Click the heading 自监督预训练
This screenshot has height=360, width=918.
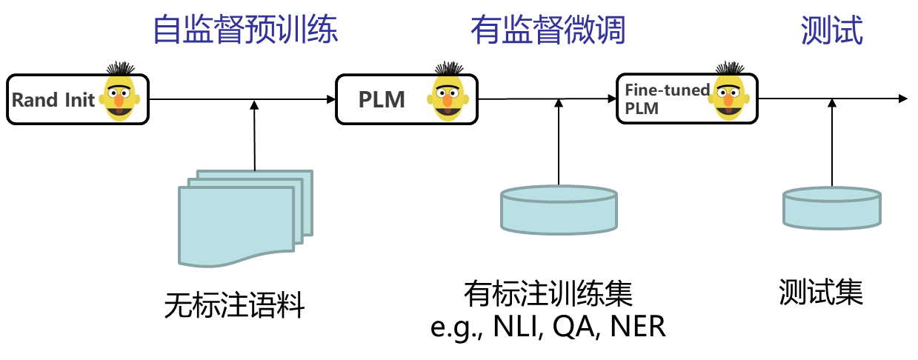[245, 31]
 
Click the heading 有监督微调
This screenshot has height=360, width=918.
[548, 31]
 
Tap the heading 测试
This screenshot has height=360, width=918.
[831, 31]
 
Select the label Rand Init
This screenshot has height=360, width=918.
[53, 100]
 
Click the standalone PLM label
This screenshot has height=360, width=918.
[382, 100]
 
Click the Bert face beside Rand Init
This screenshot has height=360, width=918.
[121, 91]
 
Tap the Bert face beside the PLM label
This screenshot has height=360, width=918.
[449, 91]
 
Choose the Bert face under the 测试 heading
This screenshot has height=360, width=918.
[730, 91]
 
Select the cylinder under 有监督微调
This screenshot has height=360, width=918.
[559, 210]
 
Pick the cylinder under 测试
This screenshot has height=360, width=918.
[831, 208]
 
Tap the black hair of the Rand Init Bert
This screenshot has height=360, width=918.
[120, 67]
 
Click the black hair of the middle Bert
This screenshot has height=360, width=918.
[448, 67]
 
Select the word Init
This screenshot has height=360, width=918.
[79, 100]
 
